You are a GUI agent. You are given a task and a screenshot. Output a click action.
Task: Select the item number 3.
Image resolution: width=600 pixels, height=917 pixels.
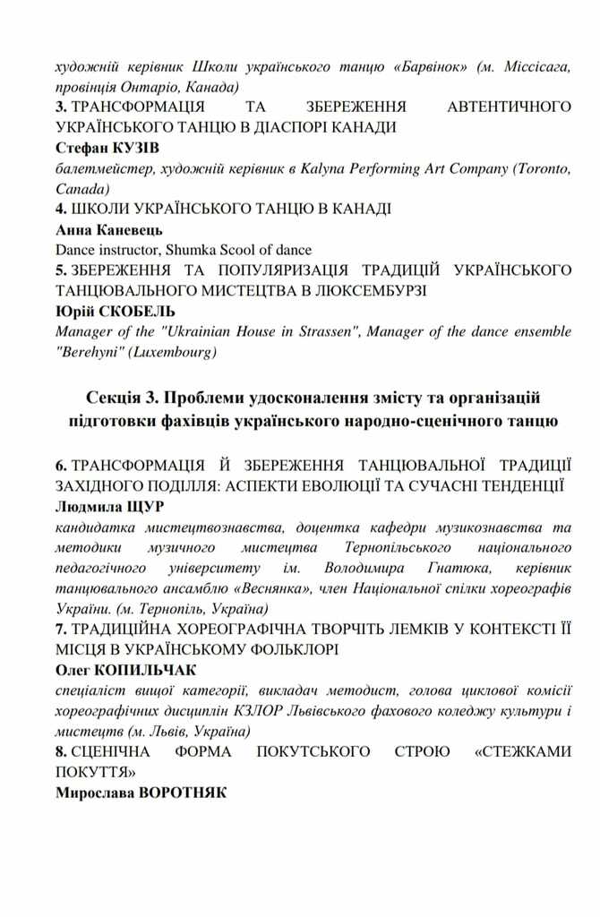pos(59,107)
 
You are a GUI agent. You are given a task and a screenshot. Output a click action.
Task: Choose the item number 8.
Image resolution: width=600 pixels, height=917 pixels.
pos(59,751)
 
